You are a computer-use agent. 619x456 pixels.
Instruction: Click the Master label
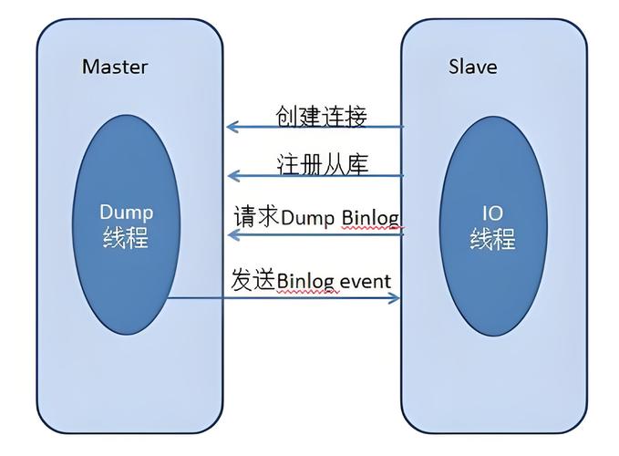pyautogui.click(x=114, y=67)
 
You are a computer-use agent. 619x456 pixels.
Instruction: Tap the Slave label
pyautogui.click(x=473, y=67)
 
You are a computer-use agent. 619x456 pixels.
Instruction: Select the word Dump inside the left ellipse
pyautogui.click(x=126, y=212)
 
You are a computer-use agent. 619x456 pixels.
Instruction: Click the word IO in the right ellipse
pyautogui.click(x=492, y=213)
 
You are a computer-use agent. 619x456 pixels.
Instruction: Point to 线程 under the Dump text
pyautogui.click(x=126, y=238)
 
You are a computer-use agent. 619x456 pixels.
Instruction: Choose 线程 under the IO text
pyautogui.click(x=492, y=239)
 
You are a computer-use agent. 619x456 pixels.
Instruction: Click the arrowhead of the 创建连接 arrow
pyautogui.click(x=232, y=127)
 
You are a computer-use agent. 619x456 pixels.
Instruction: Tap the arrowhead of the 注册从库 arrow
pyautogui.click(x=232, y=175)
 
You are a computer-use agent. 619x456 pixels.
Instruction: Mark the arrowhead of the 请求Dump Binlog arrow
pyautogui.click(x=232, y=235)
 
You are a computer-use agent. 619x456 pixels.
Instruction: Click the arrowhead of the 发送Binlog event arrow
pyautogui.click(x=396, y=297)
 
